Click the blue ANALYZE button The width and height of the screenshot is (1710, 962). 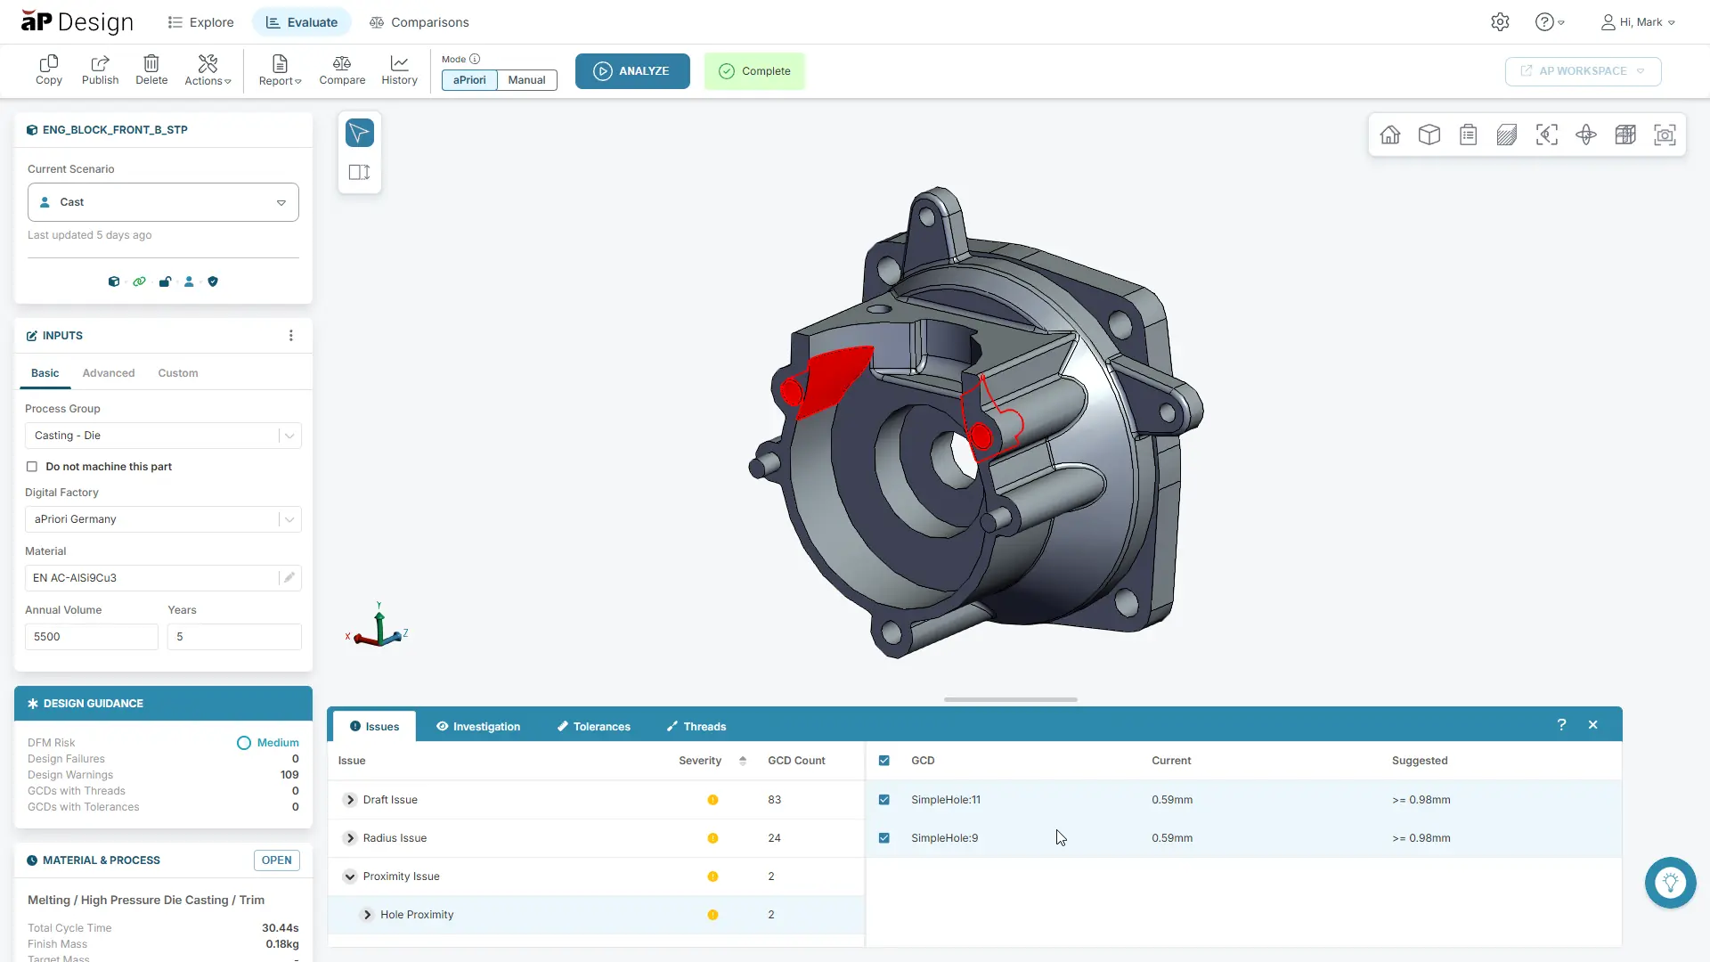click(x=631, y=71)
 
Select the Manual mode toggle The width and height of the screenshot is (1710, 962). click(x=526, y=80)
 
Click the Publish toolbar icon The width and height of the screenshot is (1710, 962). click(x=100, y=69)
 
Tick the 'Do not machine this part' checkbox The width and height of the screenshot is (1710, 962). click(x=32, y=467)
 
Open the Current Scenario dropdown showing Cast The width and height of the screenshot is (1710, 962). click(x=163, y=202)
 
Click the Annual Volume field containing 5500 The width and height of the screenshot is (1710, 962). click(x=91, y=637)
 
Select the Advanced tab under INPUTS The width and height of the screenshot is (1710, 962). click(x=109, y=373)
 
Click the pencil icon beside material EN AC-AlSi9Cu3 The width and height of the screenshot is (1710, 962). click(x=289, y=578)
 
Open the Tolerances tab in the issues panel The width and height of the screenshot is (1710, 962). click(x=593, y=727)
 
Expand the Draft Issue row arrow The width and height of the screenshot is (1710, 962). click(x=350, y=800)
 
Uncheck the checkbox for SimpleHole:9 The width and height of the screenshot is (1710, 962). click(x=884, y=838)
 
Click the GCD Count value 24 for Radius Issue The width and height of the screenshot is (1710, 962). click(x=774, y=838)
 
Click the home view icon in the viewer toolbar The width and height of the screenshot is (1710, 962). click(x=1389, y=135)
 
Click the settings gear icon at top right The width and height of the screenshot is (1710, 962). click(x=1500, y=22)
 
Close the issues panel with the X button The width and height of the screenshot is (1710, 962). click(x=1592, y=725)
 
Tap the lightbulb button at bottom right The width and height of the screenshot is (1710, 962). click(x=1670, y=883)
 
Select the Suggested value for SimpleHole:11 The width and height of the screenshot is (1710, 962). click(x=1421, y=800)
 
